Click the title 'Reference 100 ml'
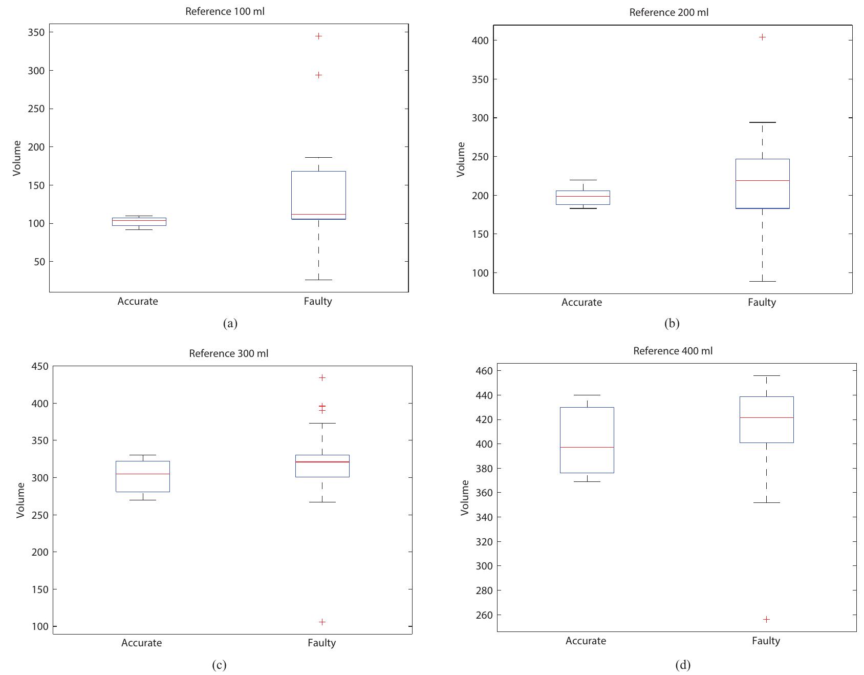point(225,11)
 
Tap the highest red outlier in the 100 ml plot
point(318,36)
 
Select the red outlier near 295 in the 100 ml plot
point(318,75)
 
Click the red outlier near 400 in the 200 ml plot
point(762,37)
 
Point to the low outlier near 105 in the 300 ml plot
point(322,622)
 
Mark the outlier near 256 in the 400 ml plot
point(766,619)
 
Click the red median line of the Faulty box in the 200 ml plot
point(762,180)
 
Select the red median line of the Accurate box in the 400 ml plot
point(587,447)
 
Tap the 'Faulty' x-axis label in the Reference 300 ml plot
point(321,643)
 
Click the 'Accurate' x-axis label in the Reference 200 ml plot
point(581,302)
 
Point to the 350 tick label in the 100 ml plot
point(36,32)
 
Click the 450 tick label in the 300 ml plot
point(39,366)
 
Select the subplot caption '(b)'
point(672,323)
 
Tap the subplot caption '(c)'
point(219,665)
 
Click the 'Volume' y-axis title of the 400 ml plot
point(465,497)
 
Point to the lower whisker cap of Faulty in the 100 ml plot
point(318,280)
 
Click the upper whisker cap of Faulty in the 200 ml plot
point(762,122)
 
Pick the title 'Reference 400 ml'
point(673,351)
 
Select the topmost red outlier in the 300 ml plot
point(322,377)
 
